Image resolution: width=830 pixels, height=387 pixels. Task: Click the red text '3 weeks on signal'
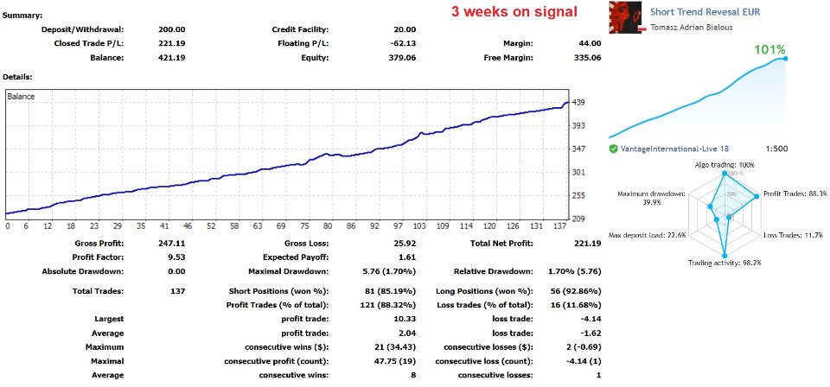tap(514, 12)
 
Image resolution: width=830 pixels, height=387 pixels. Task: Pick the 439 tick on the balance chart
tap(579, 103)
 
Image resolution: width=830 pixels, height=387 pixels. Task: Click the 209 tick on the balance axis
tap(579, 219)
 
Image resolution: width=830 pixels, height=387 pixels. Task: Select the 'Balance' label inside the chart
tap(21, 97)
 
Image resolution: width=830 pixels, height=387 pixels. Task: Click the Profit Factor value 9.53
tap(176, 257)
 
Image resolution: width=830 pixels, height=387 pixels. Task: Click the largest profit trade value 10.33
tap(405, 319)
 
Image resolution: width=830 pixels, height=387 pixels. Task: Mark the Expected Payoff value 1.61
tap(406, 257)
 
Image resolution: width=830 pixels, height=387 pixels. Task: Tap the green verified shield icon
tap(613, 149)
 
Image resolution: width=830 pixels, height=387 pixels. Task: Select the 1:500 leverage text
tap(777, 149)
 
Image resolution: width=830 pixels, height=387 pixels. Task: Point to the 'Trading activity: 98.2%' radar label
tap(724, 263)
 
